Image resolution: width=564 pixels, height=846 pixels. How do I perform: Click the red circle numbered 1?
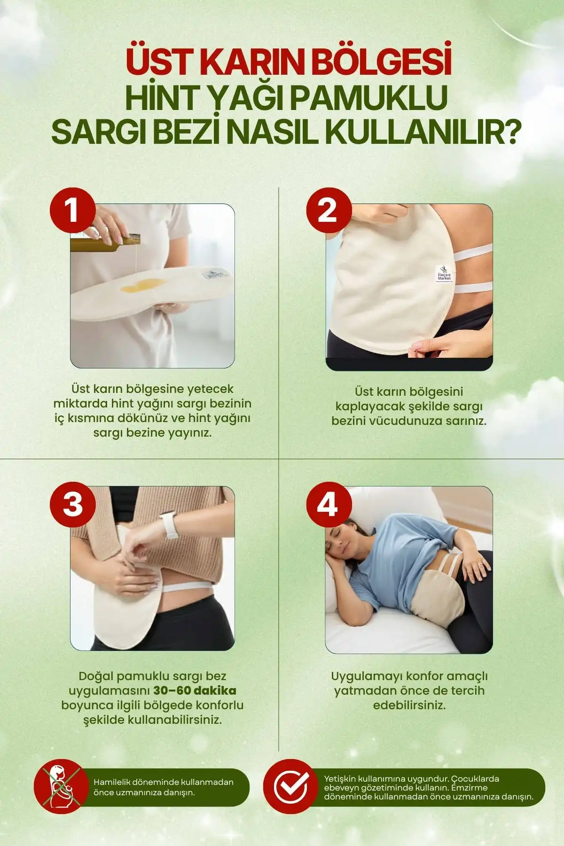pos(73,211)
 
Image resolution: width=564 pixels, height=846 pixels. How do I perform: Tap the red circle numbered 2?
pos(329,211)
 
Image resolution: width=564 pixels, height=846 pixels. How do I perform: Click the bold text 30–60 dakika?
pos(195,690)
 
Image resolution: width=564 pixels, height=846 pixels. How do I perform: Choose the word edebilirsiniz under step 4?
pos(409,705)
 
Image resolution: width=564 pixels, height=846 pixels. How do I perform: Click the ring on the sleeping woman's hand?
pos(479,564)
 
